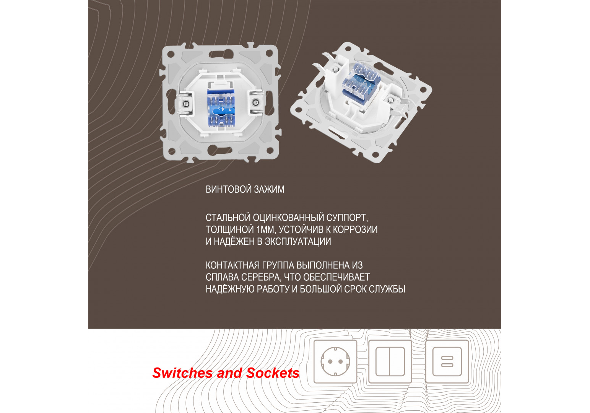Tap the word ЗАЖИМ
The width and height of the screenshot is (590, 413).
pos(269,190)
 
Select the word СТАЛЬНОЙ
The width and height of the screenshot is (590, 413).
pos(228,218)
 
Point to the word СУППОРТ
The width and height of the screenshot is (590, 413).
pos(347,218)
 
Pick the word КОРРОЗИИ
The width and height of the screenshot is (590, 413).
pos(355,230)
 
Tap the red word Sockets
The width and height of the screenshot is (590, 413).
pos(273,373)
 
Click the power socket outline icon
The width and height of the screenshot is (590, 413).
pos(335,361)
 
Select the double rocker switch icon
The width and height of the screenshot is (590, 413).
pos(390,361)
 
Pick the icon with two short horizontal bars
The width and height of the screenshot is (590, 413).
pos(447,361)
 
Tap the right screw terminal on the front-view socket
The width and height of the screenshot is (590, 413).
pos(255,102)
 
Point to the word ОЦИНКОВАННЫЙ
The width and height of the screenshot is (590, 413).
pos(288,218)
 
